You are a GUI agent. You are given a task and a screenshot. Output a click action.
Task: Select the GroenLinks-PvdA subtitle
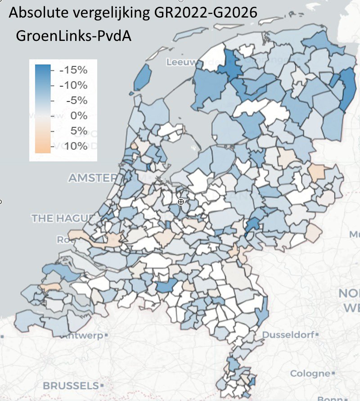[73, 36]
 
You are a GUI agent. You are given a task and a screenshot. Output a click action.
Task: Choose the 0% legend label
[80, 116]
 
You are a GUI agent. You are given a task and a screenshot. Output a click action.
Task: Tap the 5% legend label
[80, 131]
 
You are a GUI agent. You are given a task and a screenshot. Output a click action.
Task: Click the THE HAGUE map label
[61, 218]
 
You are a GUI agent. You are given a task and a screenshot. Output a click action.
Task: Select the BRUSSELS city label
[71, 385]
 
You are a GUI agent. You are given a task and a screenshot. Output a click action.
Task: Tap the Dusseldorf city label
[288, 335]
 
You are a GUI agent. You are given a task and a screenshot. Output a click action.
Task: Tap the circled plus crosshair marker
[181, 202]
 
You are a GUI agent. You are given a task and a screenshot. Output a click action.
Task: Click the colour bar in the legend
[43, 108]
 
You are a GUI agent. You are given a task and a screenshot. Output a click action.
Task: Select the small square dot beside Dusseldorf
[317, 335]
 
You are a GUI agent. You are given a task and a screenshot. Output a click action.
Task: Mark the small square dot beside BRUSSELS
[102, 386]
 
